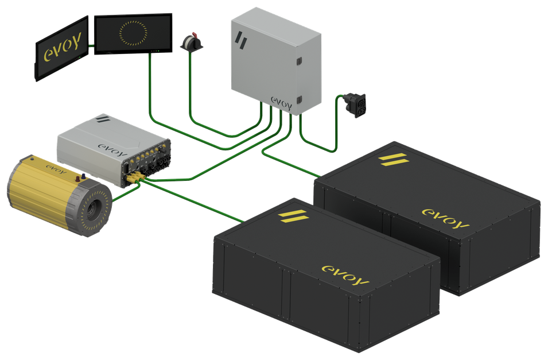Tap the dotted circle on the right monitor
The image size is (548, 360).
click(x=133, y=33)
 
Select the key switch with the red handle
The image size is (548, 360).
click(x=192, y=42)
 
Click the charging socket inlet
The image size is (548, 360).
click(x=355, y=105)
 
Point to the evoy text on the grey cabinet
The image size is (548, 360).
click(x=281, y=103)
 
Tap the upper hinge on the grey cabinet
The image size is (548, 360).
click(x=299, y=61)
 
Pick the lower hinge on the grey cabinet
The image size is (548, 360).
click(x=299, y=100)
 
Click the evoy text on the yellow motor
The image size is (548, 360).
click(x=56, y=170)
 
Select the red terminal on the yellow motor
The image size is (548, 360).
click(x=77, y=179)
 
